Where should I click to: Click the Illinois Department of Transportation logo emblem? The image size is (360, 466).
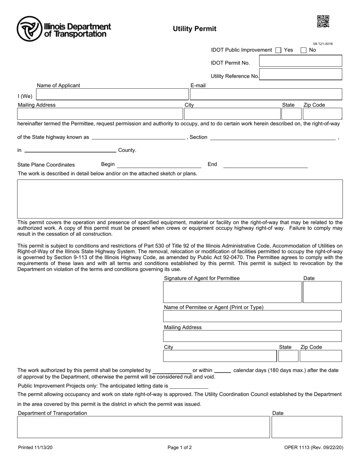[x=30, y=29]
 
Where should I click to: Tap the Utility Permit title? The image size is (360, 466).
[x=195, y=29]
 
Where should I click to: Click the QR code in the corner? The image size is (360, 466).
[x=323, y=22]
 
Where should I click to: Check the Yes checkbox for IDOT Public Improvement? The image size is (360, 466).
[x=279, y=50]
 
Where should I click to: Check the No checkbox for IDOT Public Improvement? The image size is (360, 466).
[x=304, y=50]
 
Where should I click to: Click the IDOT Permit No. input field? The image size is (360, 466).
[x=301, y=61]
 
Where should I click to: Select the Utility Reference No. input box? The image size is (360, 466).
[x=301, y=75]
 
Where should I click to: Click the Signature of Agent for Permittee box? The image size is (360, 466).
[x=232, y=292]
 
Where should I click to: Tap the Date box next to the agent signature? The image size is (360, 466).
[x=322, y=292]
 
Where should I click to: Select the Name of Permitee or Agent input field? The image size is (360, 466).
[x=252, y=316]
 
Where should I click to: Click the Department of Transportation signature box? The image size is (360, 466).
[x=144, y=427]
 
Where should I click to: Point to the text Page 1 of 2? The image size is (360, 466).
[x=180, y=447]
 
